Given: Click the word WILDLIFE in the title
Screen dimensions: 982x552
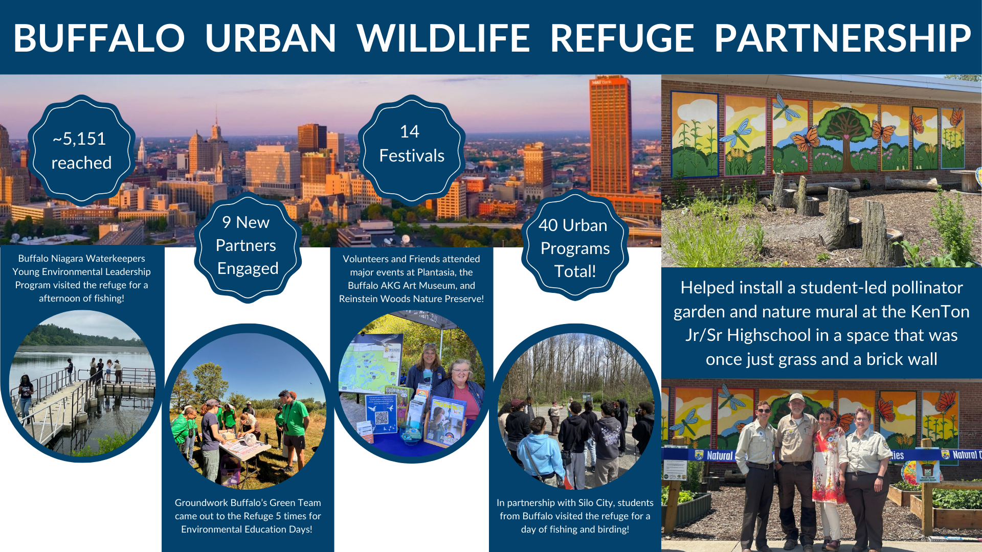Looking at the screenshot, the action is (x=443, y=38).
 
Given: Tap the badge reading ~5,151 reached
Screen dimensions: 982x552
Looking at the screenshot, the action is (x=81, y=150).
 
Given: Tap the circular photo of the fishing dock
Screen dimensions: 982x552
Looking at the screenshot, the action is (x=82, y=383).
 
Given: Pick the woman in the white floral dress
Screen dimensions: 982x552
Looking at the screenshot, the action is (x=827, y=475).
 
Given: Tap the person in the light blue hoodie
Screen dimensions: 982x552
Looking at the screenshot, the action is (x=541, y=455).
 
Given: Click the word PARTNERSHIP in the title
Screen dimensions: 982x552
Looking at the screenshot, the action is (x=842, y=38).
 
